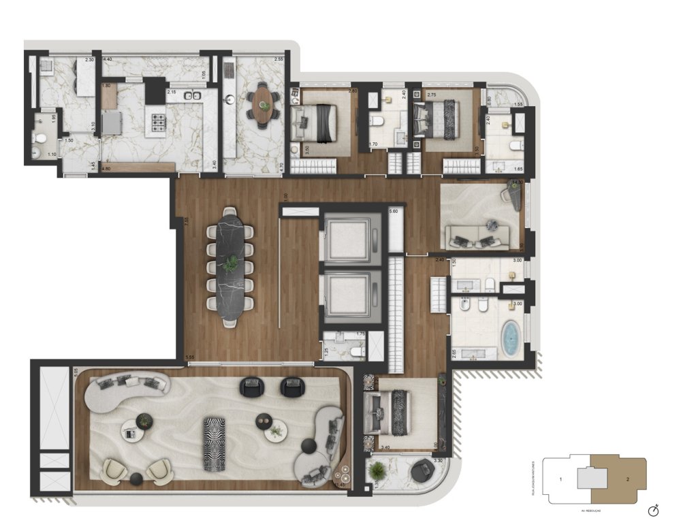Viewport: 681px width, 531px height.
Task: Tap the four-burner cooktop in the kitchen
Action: point(159,123)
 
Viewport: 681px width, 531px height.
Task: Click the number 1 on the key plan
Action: point(560,480)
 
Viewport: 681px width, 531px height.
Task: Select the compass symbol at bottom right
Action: point(653,509)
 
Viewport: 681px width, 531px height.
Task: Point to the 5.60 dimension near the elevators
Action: point(393,212)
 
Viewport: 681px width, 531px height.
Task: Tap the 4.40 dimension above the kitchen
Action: point(107,61)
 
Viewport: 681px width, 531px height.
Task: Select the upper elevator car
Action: point(351,239)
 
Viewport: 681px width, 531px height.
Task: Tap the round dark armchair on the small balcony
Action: point(424,470)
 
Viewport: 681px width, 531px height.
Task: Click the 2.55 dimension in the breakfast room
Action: point(279,60)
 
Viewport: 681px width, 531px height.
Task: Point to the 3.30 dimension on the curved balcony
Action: point(439,461)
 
